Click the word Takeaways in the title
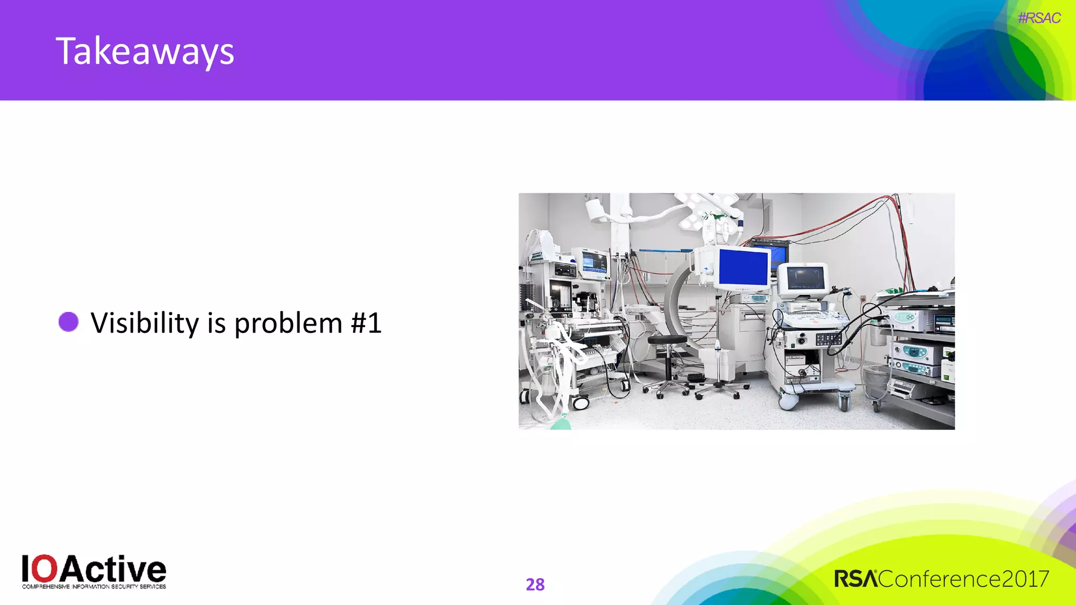tap(145, 51)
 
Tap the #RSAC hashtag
tap(1039, 18)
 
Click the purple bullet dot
tap(68, 322)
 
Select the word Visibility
tap(144, 322)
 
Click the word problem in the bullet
tap(288, 322)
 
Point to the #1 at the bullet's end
tap(366, 322)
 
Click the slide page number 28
tap(535, 584)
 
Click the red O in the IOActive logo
tap(47, 569)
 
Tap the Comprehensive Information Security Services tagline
tap(94, 587)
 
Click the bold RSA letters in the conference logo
tap(856, 579)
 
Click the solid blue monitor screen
tap(743, 267)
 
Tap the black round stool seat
tap(667, 339)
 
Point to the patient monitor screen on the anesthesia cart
tap(594, 261)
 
